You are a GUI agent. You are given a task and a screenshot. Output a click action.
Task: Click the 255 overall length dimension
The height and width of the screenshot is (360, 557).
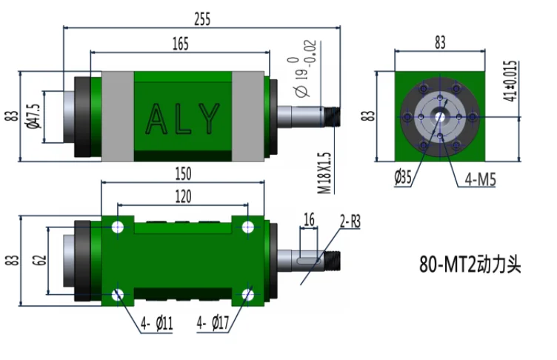coord(202,20)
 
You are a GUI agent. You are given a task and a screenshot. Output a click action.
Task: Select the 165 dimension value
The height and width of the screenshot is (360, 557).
coord(179,44)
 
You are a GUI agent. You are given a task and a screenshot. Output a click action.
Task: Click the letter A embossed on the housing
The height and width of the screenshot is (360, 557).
coord(156,119)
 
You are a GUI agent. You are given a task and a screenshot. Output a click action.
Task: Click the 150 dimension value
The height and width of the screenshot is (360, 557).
coord(183,173)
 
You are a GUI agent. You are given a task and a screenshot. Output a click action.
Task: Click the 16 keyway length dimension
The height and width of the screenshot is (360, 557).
coord(310,219)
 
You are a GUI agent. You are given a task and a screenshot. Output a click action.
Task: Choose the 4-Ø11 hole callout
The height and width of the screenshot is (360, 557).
coord(156,324)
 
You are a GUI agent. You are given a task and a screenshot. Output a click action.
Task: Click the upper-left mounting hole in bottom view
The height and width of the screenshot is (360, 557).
coord(118,227)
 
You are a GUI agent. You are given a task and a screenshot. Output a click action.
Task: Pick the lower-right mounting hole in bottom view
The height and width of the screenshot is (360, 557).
coord(247,295)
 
